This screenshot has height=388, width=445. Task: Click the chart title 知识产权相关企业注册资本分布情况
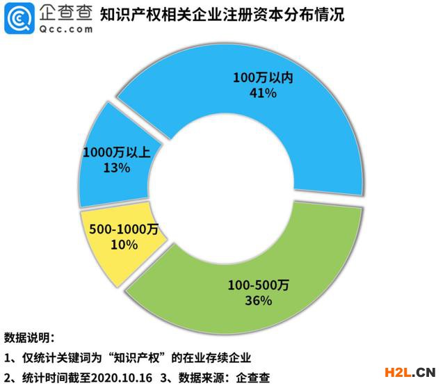coord(222,15)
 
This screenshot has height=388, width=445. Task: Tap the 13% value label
coord(97,168)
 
